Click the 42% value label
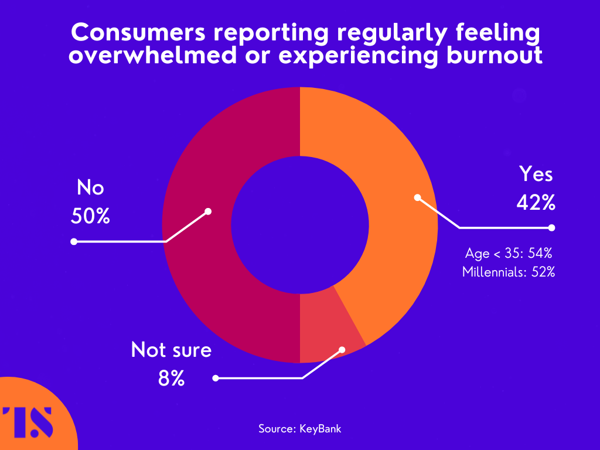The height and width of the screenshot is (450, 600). pyautogui.click(x=536, y=202)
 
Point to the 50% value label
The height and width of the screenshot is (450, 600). pyautogui.click(x=90, y=216)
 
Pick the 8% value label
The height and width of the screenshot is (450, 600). pyautogui.click(x=171, y=379)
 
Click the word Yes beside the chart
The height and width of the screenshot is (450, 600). pyautogui.click(x=536, y=174)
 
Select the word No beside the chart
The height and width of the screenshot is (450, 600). pyautogui.click(x=90, y=188)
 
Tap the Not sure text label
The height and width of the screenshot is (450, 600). pyautogui.click(x=171, y=350)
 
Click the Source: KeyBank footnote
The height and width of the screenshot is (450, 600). pyautogui.click(x=299, y=428)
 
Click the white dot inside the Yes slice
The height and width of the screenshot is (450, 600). pyautogui.click(x=417, y=197)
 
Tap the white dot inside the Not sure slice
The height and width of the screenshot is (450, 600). pyautogui.click(x=342, y=350)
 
